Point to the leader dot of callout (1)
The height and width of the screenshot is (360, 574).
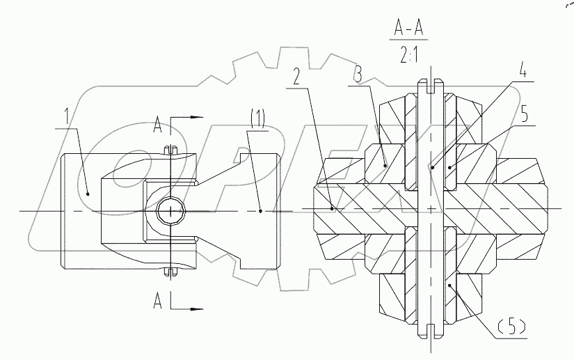point(260,210)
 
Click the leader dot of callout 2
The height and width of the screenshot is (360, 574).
point(332,207)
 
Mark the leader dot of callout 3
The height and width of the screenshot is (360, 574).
point(386,166)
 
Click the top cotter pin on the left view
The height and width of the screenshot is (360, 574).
point(170,149)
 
